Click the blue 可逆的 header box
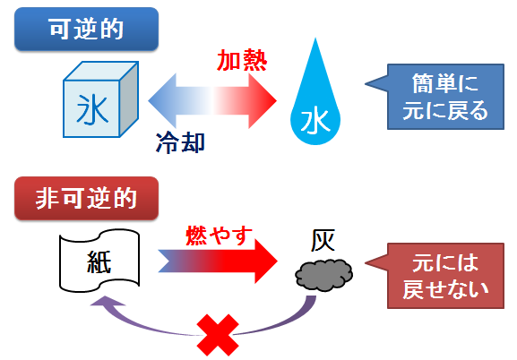86,29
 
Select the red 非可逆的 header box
86,198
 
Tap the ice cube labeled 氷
100,99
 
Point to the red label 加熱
242,61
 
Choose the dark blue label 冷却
180,142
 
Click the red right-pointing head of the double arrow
263,101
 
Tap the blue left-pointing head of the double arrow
162,101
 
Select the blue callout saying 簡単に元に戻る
445,97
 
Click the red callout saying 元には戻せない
445,276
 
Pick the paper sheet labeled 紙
99,261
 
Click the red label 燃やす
219,236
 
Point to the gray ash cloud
323,274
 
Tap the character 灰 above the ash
323,240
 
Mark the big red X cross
218,335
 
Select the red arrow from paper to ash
218,261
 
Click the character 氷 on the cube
92,109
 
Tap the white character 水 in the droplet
315,122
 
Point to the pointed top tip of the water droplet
315,39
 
